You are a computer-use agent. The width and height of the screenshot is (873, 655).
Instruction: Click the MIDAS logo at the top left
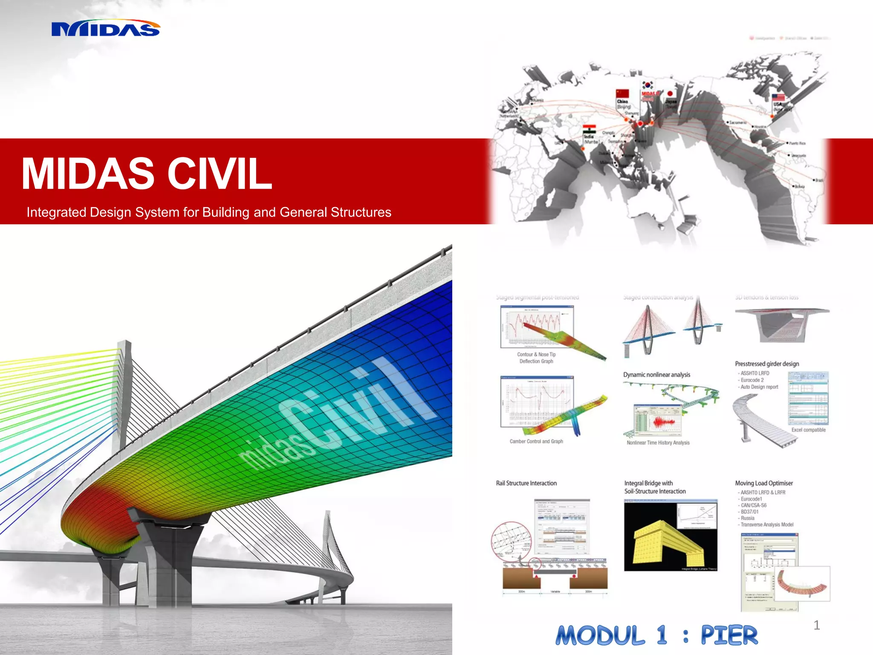[105, 29]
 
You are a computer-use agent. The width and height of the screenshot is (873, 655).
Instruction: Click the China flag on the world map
[622, 93]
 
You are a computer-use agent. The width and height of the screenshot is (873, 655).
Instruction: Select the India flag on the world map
[589, 130]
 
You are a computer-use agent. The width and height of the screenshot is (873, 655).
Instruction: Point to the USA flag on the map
[778, 98]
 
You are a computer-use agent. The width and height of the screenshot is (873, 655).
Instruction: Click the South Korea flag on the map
[648, 85]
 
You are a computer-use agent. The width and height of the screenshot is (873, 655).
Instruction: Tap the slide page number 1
[816, 625]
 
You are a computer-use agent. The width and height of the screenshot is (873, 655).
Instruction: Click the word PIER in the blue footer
[729, 636]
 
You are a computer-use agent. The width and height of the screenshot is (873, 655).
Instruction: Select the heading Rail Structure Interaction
[526, 483]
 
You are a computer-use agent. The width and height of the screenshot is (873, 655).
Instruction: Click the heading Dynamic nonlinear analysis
[656, 374]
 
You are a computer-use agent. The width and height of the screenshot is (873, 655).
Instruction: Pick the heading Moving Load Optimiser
[763, 483]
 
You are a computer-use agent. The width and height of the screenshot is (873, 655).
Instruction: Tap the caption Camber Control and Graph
[536, 441]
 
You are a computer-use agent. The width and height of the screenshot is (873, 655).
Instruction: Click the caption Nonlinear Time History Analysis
[658, 443]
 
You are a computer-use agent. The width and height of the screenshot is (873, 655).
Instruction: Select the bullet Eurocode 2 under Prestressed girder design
[752, 380]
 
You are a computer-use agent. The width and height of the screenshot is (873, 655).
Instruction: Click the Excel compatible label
[808, 430]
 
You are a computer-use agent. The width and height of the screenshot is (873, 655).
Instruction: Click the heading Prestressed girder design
[766, 364]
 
